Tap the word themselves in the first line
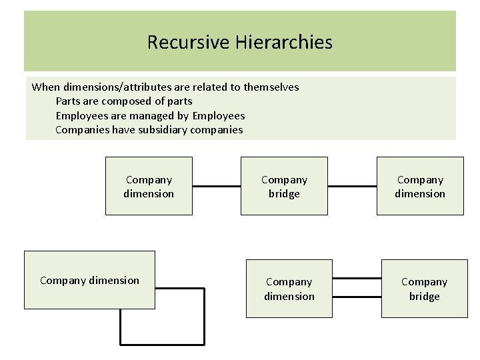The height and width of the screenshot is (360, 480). click(x=271, y=87)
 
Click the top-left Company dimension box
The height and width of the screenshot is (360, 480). click(x=149, y=186)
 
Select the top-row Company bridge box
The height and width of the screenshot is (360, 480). click(x=284, y=186)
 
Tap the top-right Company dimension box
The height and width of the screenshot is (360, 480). click(x=420, y=186)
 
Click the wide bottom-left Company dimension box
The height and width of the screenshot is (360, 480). click(x=89, y=280)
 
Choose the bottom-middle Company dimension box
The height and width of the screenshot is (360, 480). click(x=289, y=289)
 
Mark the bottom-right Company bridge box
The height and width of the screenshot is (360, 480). click(x=425, y=289)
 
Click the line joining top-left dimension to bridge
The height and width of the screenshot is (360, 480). click(x=217, y=186)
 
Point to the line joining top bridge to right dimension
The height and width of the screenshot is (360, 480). click(x=352, y=186)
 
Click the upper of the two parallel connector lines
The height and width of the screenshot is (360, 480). click(x=357, y=278)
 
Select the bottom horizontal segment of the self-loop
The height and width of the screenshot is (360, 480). click(x=162, y=345)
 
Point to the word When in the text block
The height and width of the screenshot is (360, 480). click(x=45, y=87)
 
